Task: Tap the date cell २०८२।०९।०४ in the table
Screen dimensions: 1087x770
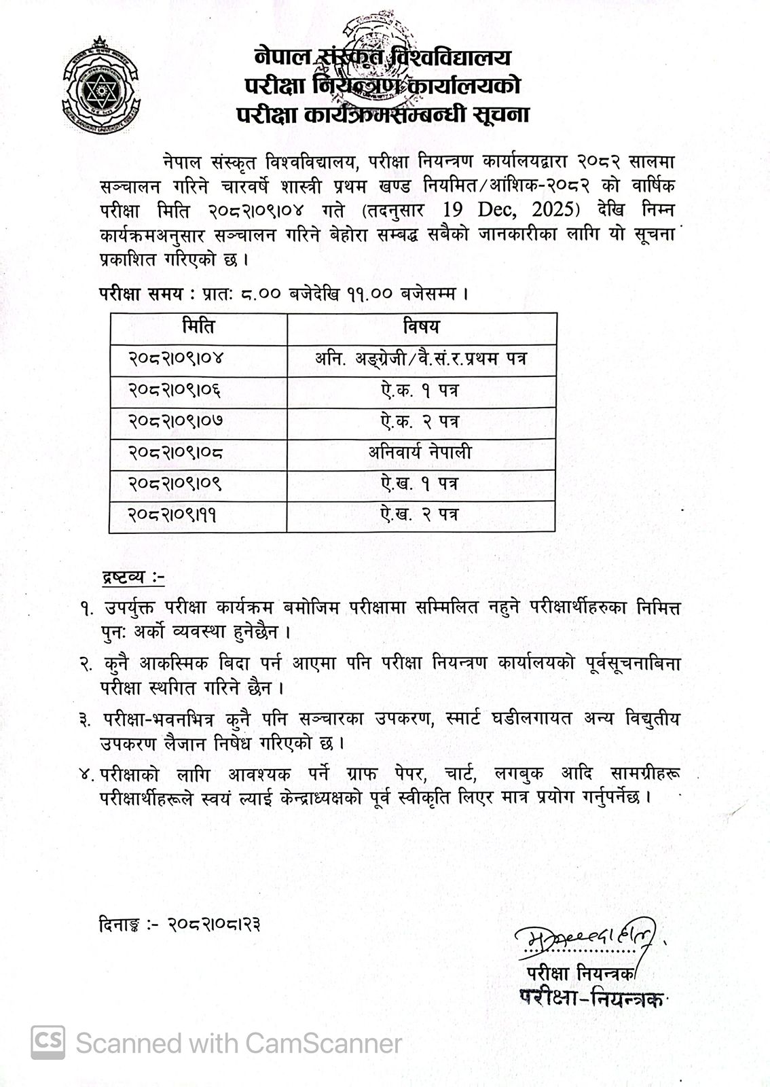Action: pos(175,359)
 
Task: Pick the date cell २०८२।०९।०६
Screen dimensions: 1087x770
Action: pos(175,391)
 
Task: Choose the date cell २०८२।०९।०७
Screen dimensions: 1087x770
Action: pos(175,421)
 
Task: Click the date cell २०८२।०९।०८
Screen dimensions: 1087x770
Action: pos(175,452)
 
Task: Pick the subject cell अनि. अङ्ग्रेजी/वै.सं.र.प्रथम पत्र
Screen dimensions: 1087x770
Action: pos(421,359)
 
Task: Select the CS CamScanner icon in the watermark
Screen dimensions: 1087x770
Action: pos(48,1041)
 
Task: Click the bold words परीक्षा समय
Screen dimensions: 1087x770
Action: pos(141,295)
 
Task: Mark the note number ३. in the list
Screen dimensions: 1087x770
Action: pos(86,719)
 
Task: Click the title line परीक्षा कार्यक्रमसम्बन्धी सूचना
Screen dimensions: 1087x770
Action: pos(382,113)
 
